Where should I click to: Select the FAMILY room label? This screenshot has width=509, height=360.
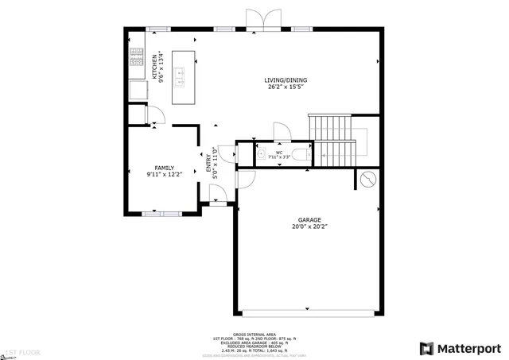coord(165,168)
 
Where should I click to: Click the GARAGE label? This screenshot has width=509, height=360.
coord(309,219)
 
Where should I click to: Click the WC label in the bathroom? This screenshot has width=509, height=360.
coord(279,151)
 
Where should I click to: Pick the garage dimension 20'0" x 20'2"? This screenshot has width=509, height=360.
coord(309,226)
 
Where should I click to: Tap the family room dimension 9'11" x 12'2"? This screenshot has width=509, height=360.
coord(165,175)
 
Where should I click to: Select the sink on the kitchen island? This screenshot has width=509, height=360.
coord(181,76)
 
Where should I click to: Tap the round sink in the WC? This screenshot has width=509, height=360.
coord(261,154)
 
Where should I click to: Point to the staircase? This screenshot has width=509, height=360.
coord(332,140)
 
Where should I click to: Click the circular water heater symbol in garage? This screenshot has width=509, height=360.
coord(368,180)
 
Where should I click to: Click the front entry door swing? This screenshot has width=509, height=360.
coord(216,194)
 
